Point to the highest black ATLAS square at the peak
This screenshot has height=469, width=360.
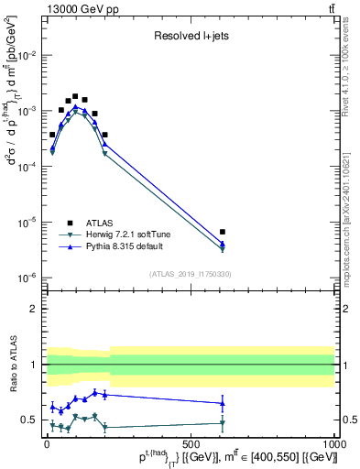75,95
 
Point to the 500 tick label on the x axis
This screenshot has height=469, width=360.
190,442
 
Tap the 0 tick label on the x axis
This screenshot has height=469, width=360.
47,442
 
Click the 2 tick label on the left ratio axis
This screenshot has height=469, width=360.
33,309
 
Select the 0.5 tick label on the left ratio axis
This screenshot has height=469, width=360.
29,420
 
